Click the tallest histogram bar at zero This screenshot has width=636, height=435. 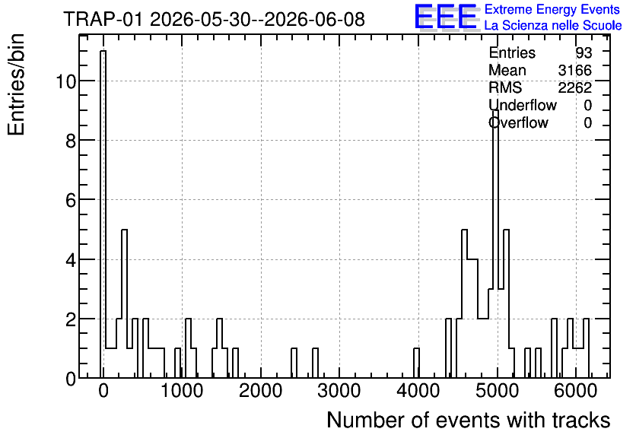point(103,214)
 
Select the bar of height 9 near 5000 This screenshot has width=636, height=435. point(495,244)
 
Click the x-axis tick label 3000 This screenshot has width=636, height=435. point(339,391)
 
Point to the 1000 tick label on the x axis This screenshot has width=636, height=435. point(182,391)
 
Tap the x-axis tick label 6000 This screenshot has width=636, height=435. point(575,391)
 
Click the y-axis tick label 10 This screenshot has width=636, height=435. point(65,81)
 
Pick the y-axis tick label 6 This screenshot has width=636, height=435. point(71,200)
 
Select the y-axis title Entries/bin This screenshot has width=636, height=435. point(16,84)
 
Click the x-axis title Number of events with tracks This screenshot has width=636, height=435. point(469,420)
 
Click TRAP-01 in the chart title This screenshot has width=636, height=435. point(103,19)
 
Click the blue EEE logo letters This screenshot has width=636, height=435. point(446,17)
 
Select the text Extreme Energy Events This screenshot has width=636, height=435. point(552,9)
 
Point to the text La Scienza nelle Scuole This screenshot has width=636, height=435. point(553,26)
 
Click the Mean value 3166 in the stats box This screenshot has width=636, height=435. point(574,70)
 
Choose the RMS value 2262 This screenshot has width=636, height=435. point(574,87)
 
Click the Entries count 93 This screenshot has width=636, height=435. point(584,52)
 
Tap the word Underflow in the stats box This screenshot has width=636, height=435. point(523,105)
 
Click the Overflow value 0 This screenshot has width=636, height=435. point(588,122)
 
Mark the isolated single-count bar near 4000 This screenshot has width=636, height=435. point(416,364)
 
